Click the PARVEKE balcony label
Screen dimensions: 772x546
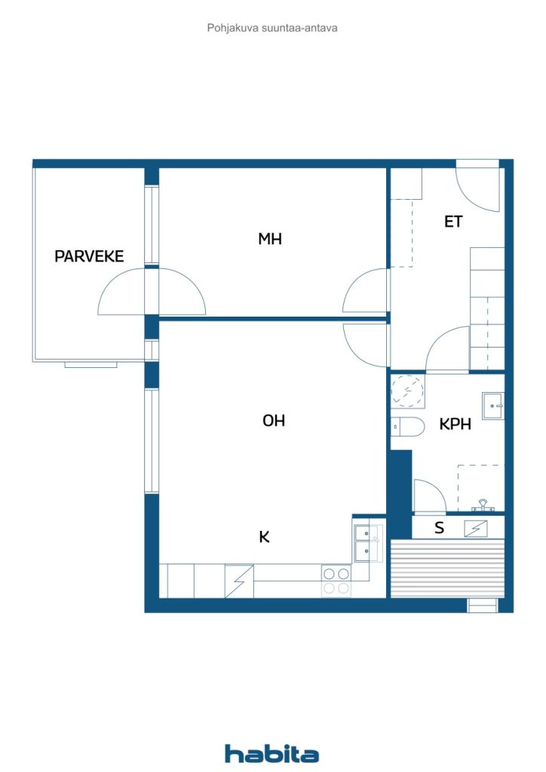point(89,256)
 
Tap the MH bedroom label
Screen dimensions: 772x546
point(270,239)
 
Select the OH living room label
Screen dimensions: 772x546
point(274,421)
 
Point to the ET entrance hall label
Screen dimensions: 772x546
point(453,222)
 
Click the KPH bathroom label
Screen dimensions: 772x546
point(456,424)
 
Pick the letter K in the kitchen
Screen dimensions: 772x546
point(265,537)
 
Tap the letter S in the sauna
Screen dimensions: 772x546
point(439,528)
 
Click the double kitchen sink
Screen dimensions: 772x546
point(367,543)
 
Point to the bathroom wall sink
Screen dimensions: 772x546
point(493,405)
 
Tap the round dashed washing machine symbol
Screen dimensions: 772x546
point(407,391)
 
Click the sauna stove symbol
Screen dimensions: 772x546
point(476,528)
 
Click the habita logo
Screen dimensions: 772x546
point(271,753)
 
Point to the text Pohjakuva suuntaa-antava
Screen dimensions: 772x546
point(272,28)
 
